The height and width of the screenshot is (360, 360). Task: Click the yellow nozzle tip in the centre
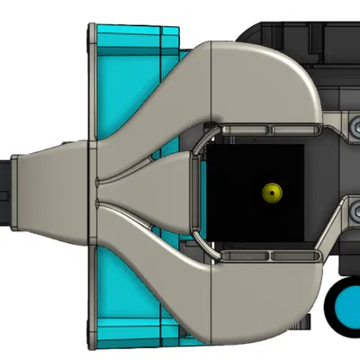pyautogui.click(x=270, y=191)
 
